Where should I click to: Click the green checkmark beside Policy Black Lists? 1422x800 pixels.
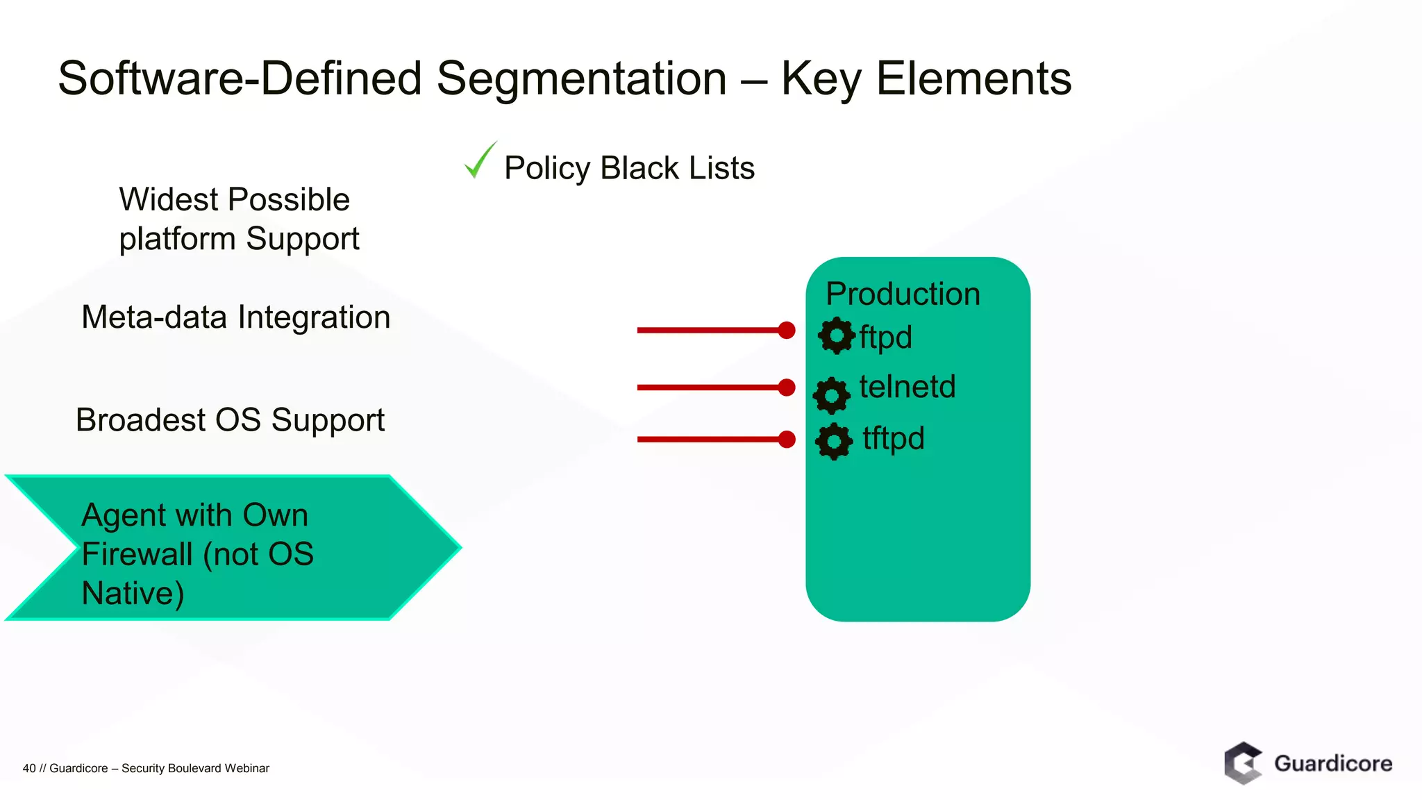pyautogui.click(x=479, y=161)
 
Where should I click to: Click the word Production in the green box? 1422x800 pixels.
pyautogui.click(x=903, y=294)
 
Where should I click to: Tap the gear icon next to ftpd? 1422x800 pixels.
pyautogui.click(x=837, y=335)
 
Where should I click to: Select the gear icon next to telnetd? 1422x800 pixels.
pyautogui.click(x=832, y=395)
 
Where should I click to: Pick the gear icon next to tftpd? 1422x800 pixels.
pyautogui.click(x=834, y=441)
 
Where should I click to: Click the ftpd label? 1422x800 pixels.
pyautogui.click(x=885, y=337)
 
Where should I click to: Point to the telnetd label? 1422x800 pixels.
pyautogui.click(x=907, y=387)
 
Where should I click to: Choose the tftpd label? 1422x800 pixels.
pyautogui.click(x=893, y=439)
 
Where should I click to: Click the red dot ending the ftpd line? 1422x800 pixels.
pyautogui.click(x=786, y=330)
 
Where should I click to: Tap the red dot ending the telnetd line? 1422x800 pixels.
pyautogui.click(x=786, y=387)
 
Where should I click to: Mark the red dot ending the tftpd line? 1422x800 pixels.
pyautogui.click(x=786, y=439)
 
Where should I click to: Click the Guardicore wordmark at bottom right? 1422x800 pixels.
pyautogui.click(x=1332, y=764)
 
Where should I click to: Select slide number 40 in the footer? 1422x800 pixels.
pyautogui.click(x=29, y=768)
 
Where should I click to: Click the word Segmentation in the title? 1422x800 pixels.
pyautogui.click(x=581, y=78)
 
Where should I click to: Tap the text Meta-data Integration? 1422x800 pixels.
pyautogui.click(x=235, y=317)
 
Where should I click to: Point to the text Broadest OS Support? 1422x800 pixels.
pyautogui.click(x=230, y=420)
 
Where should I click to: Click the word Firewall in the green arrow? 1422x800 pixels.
pyautogui.click(x=137, y=554)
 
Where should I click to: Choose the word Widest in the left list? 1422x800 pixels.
pyautogui.click(x=169, y=200)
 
